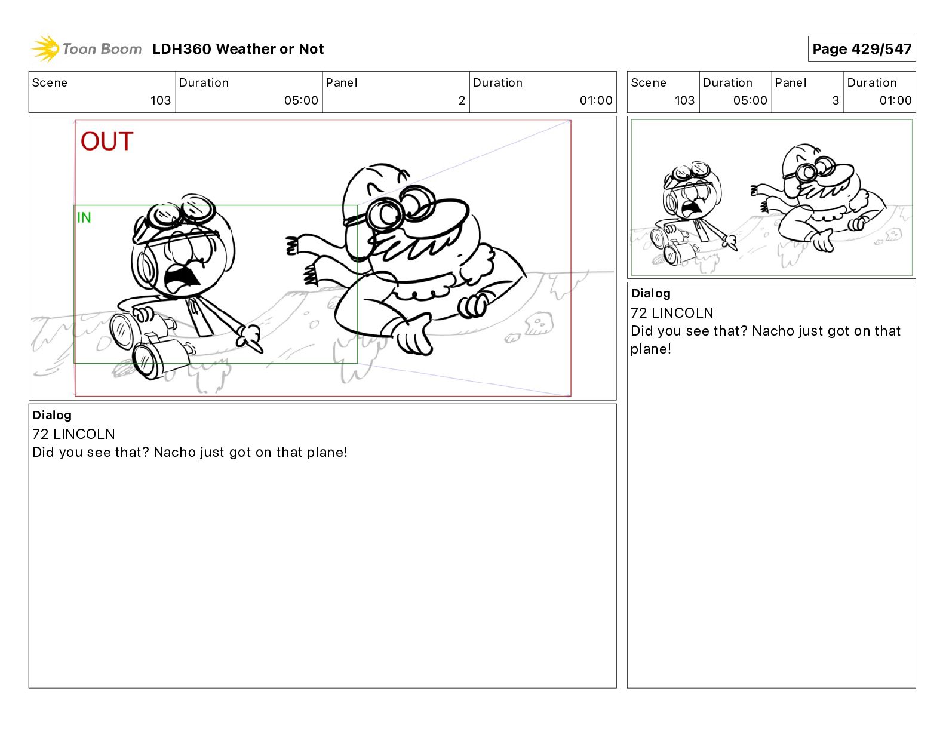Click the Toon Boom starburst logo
45,49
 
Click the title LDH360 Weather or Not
238,49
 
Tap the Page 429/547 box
862,49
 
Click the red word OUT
107,142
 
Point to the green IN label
84,217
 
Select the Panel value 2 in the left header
462,100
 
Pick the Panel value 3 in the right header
836,100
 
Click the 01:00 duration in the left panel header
596,100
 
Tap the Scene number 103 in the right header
685,100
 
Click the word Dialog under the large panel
52,415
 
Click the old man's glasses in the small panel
813,170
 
